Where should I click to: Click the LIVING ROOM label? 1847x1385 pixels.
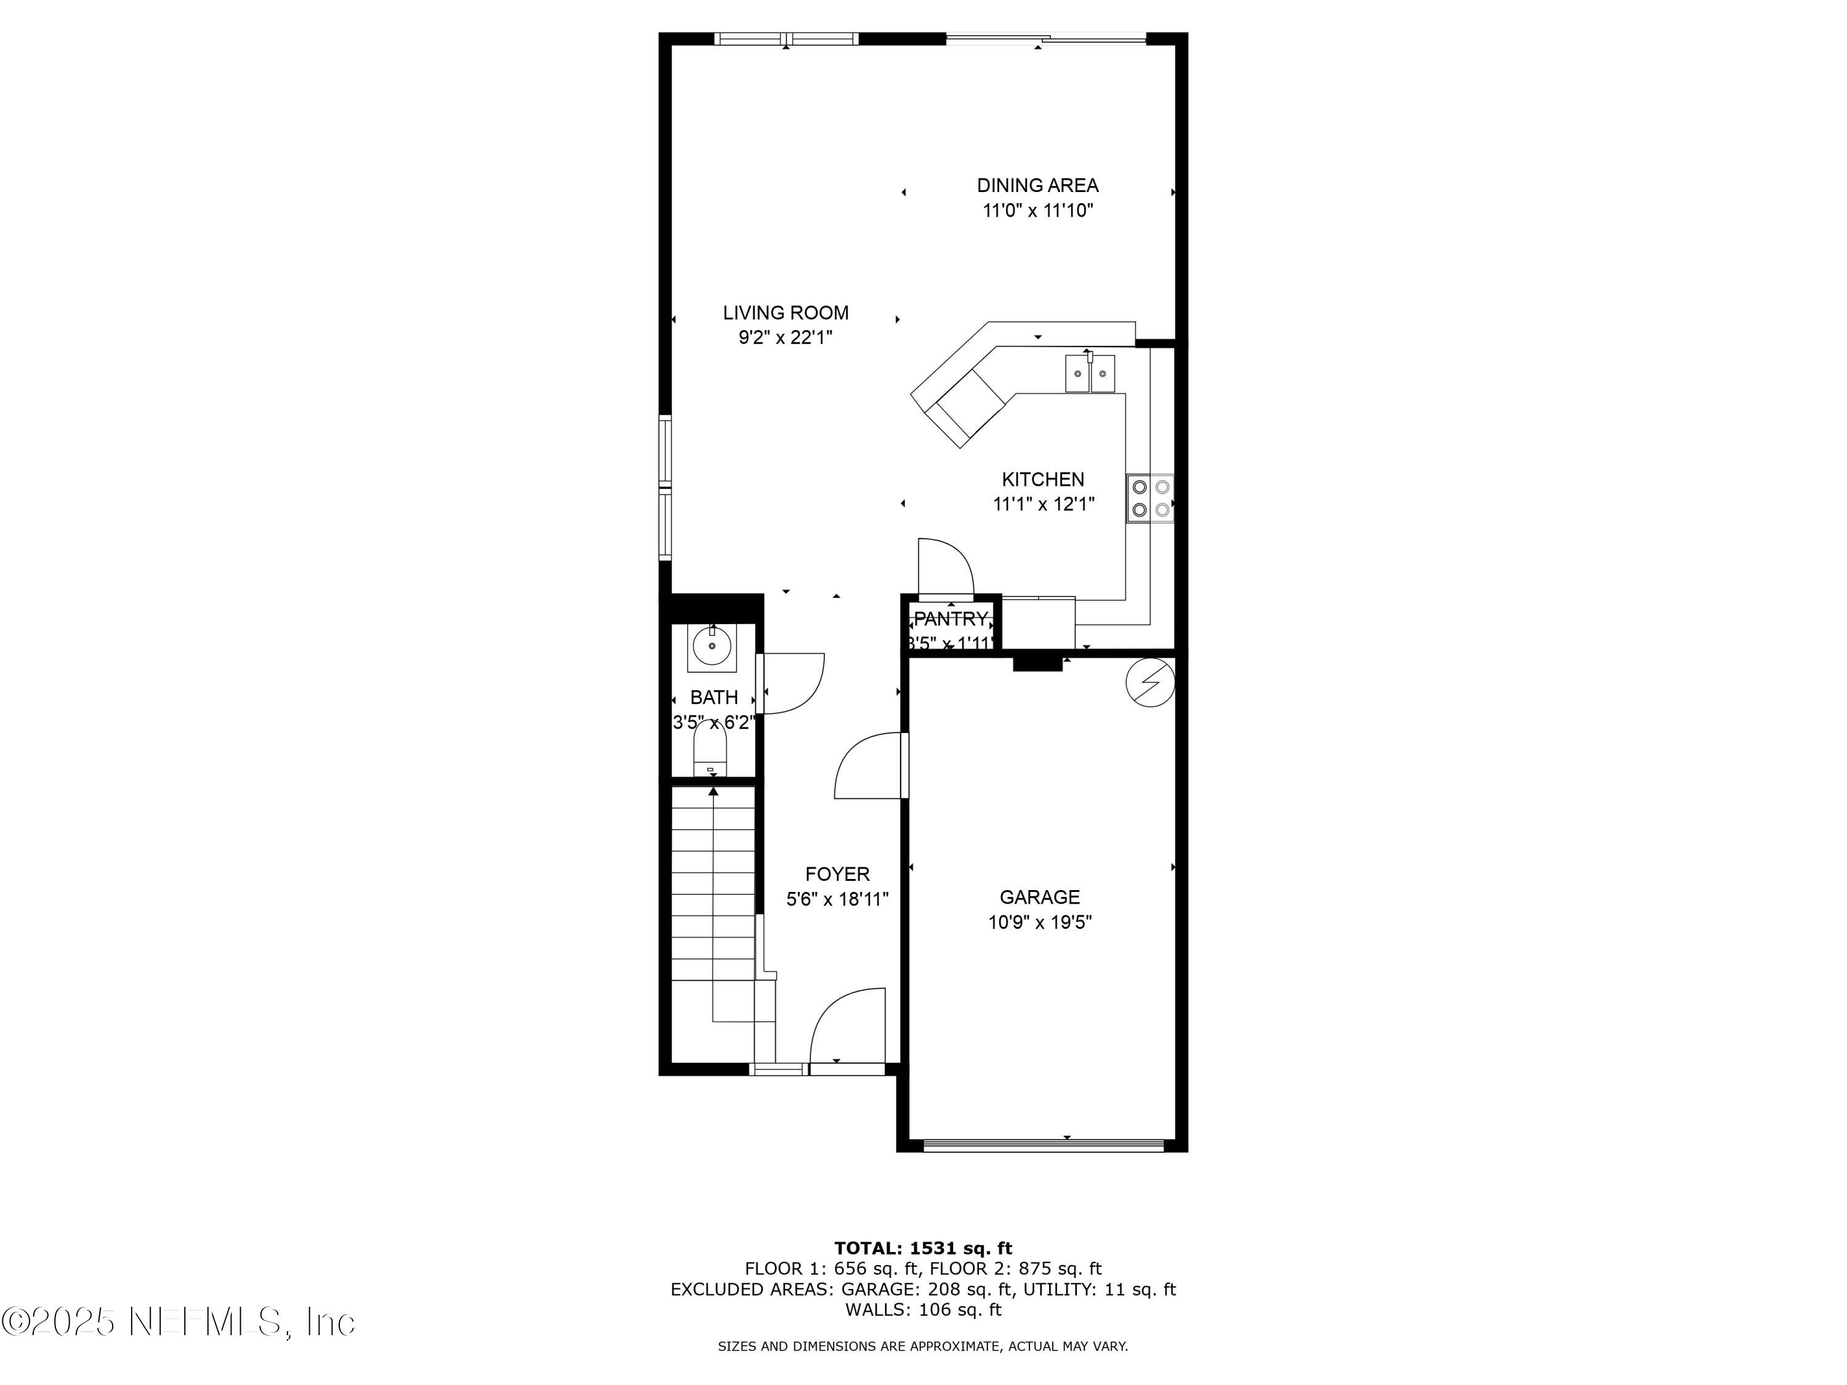pyautogui.click(x=785, y=313)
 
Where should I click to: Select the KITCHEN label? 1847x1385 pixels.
pyautogui.click(x=1042, y=479)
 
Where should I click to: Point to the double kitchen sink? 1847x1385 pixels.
pyautogui.click(x=1089, y=373)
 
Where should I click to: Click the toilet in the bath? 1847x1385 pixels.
pyautogui.click(x=710, y=752)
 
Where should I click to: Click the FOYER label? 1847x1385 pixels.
pyautogui.click(x=837, y=874)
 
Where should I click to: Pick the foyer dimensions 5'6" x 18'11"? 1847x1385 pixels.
pyautogui.click(x=837, y=899)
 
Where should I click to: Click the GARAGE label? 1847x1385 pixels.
pyautogui.click(x=1040, y=897)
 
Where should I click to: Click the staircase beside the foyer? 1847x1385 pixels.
pyautogui.click(x=713, y=885)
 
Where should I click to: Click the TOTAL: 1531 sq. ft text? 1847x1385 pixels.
pyautogui.click(x=923, y=1248)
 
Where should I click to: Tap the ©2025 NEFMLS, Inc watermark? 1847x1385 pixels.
pyautogui.click(x=178, y=1322)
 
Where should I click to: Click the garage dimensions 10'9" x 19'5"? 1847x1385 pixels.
pyautogui.click(x=1040, y=923)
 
